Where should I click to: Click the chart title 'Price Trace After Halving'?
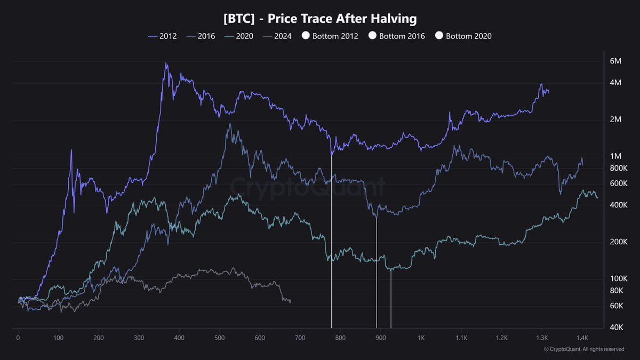click(x=320, y=19)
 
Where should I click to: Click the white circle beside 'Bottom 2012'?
click(x=306, y=36)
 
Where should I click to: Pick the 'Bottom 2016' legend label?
click(x=402, y=36)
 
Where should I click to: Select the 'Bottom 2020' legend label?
click(x=468, y=36)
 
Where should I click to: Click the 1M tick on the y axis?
click(x=615, y=156)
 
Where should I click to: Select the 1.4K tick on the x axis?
click(x=582, y=338)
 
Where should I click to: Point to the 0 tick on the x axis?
click(x=18, y=338)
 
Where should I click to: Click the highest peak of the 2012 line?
click(x=166, y=63)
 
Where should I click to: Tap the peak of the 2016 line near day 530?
click(x=229, y=124)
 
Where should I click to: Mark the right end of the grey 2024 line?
click(x=290, y=301)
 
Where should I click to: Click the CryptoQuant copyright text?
click(x=584, y=349)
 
